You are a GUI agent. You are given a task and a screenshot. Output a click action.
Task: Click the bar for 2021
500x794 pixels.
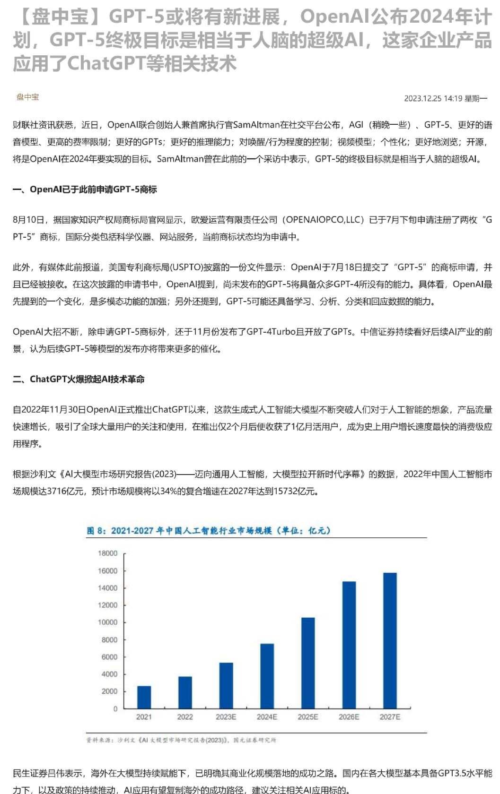pos(144,697)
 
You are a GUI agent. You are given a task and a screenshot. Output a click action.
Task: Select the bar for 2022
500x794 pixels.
pos(185,692)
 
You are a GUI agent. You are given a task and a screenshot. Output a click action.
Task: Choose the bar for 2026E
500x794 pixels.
pos(349,645)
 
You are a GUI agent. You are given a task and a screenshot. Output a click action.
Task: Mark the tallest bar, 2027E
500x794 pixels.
pos(390,640)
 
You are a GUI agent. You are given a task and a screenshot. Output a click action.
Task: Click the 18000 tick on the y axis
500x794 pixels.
pos(107,553)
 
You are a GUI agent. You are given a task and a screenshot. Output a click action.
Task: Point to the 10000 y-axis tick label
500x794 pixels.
pos(107,622)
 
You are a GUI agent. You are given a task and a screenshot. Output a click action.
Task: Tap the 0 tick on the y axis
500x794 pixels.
pos(115,709)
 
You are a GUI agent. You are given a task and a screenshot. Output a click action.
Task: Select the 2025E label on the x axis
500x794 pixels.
pos(308,717)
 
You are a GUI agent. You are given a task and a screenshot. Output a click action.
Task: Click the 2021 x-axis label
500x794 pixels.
pos(144,717)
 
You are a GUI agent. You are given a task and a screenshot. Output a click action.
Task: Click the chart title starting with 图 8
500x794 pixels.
pos(209,531)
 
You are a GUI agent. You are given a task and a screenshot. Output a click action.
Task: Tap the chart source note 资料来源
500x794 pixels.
pos(181,740)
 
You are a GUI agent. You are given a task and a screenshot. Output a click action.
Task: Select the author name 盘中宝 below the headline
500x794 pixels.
pos(28,97)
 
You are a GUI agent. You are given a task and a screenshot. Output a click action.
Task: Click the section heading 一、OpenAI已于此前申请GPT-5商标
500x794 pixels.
pos(85,190)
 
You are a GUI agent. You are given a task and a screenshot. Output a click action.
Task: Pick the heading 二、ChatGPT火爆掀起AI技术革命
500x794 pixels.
pos(79,379)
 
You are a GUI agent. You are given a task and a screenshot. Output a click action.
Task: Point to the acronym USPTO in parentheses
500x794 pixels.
pos(185,268)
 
